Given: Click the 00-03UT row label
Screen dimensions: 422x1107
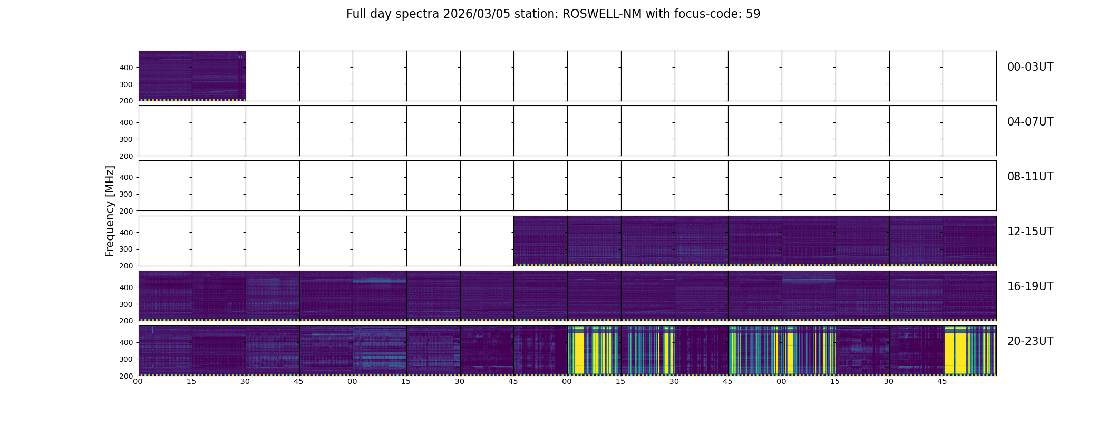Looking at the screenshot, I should pos(1030,67).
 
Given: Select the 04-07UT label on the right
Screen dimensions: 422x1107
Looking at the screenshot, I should pos(1030,122).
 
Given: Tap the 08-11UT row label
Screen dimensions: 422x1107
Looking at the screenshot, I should pos(1030,177).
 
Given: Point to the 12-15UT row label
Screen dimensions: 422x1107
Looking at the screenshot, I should pos(1030,232).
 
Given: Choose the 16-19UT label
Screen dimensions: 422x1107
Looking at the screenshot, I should pos(1030,286).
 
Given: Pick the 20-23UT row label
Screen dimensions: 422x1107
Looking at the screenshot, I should pos(1030,341).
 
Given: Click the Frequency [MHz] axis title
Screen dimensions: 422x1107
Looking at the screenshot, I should pos(110,211).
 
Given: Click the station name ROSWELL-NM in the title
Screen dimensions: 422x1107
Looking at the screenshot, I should pos(602,14).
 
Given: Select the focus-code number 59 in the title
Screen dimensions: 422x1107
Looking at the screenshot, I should pos(753,14).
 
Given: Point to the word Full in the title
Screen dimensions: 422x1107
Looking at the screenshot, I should pos(356,14).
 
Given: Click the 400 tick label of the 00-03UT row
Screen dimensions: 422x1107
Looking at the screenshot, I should pos(126,68).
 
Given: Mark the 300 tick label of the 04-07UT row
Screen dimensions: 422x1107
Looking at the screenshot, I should pos(126,139).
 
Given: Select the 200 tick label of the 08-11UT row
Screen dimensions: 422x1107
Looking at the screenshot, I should pos(126,211).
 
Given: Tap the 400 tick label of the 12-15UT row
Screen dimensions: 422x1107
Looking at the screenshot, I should pos(126,233).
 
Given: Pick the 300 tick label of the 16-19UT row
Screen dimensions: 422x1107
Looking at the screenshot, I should pos(126,304).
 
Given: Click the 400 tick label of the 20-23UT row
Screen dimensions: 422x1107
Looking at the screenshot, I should pos(126,342).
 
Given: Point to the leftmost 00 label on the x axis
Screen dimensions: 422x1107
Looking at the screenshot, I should pos(138,381).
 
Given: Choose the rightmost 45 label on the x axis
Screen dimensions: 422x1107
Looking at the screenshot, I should pos(942,381).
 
